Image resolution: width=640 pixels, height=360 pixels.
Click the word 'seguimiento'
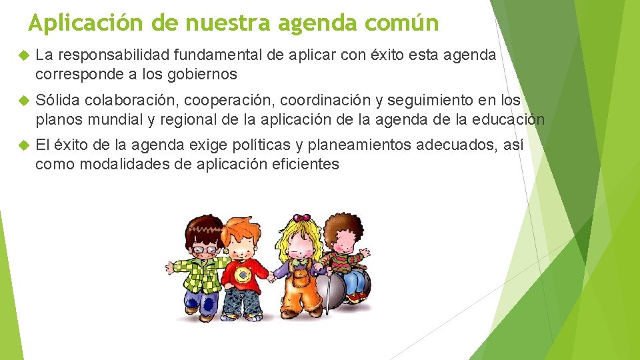[434, 101]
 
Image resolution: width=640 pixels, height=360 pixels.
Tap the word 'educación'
[509, 120]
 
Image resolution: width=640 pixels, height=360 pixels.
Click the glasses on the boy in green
[204, 249]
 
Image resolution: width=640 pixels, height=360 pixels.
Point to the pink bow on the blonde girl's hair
[302, 217]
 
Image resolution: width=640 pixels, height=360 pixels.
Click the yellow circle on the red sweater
[242, 274]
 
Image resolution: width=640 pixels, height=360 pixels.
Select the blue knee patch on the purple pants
[209, 305]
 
